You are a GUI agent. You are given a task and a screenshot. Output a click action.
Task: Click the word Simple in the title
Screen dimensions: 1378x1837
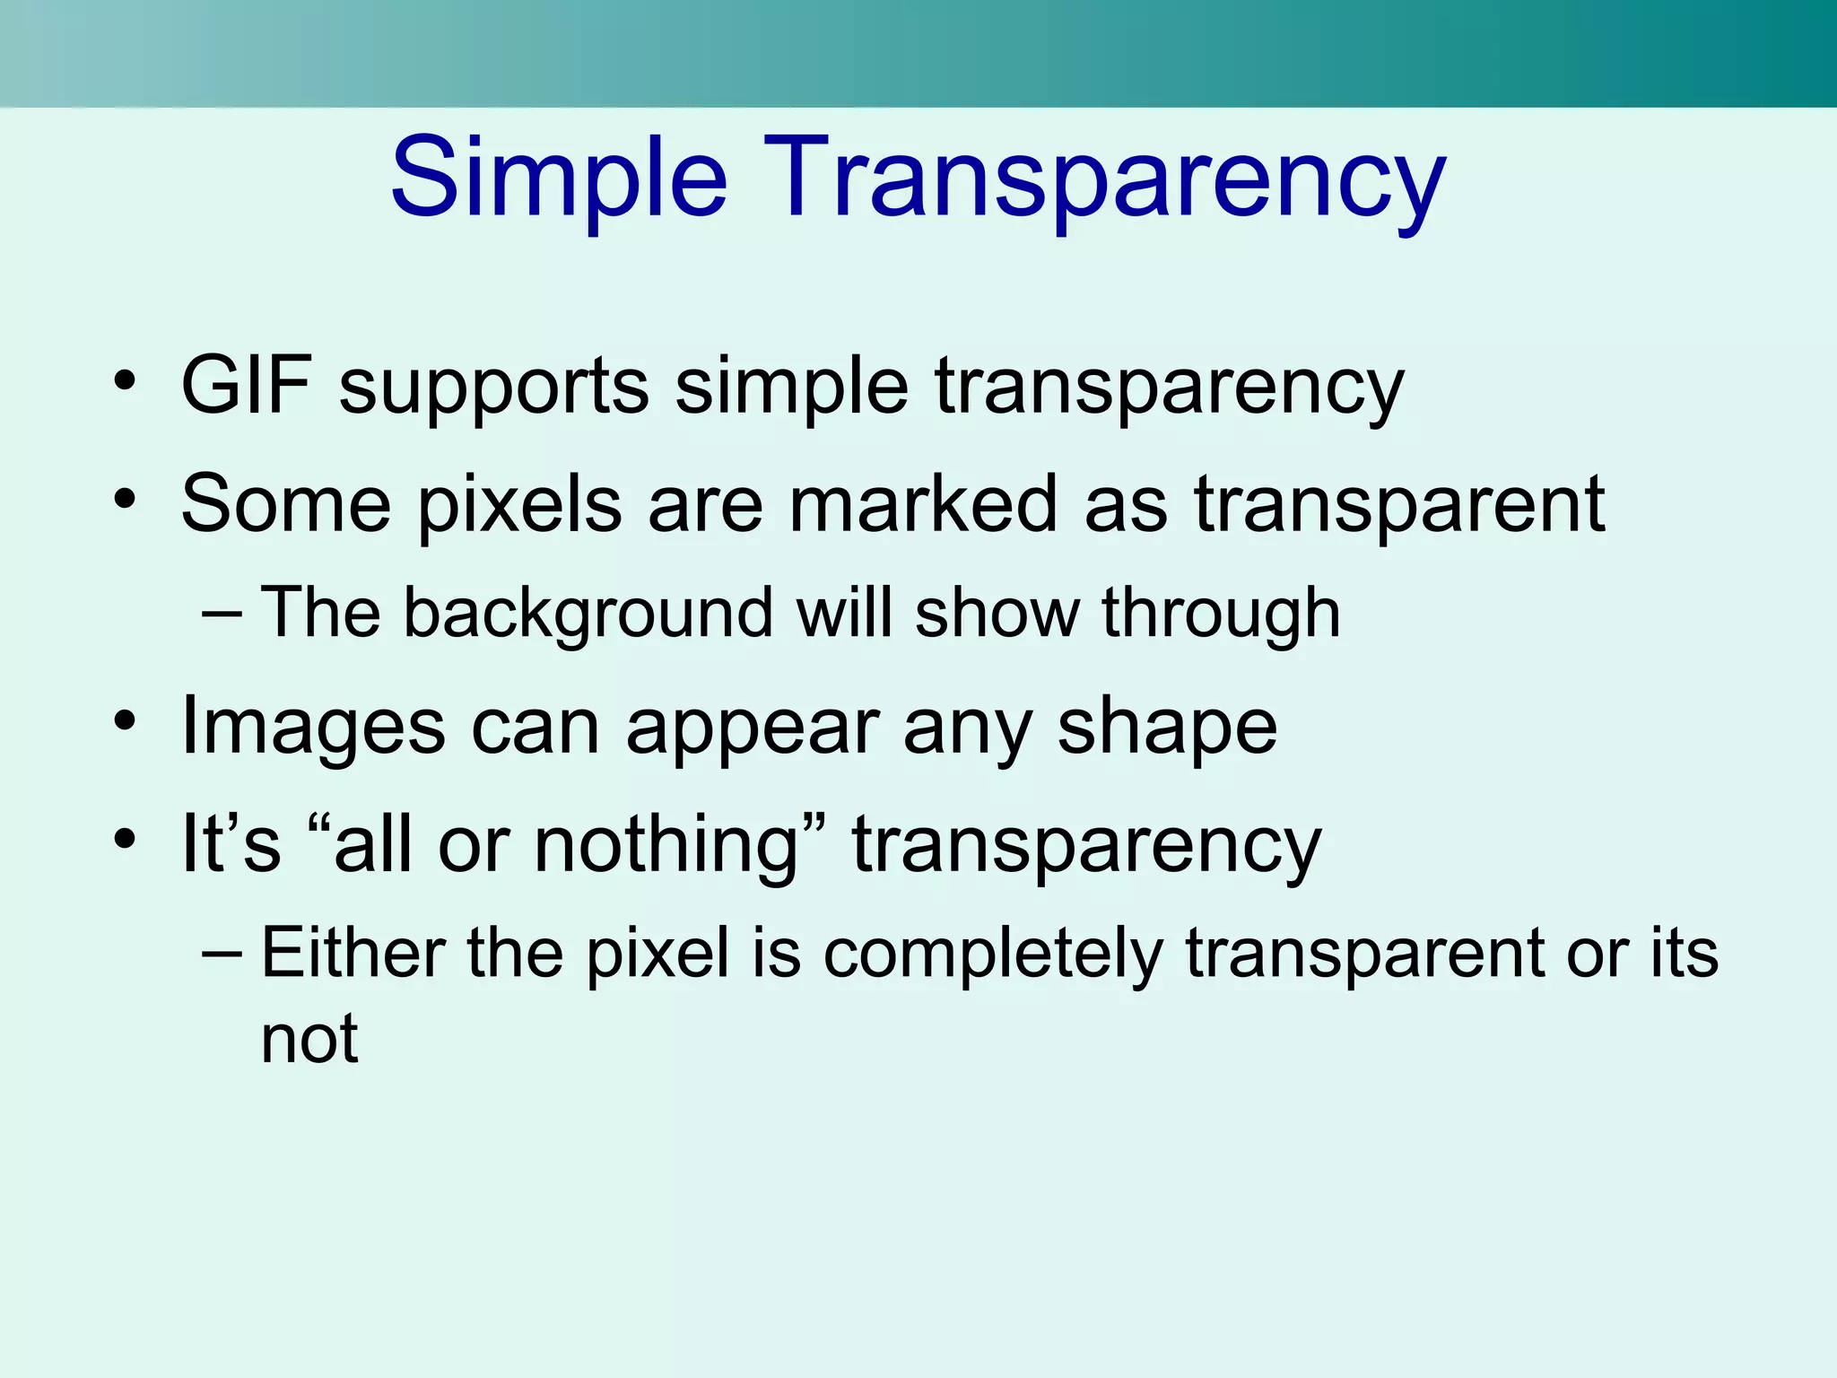click(558, 179)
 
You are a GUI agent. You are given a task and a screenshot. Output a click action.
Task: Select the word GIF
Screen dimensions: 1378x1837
click(246, 386)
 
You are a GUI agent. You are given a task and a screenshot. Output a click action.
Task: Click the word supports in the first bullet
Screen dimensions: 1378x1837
click(493, 388)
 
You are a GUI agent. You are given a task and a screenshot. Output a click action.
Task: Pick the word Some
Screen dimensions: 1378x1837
click(286, 503)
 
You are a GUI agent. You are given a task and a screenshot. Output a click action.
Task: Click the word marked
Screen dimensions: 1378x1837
click(923, 503)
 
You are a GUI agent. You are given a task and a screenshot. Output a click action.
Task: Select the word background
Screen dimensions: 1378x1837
click(588, 614)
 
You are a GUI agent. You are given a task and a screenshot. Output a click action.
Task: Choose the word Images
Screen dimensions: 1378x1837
click(313, 727)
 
